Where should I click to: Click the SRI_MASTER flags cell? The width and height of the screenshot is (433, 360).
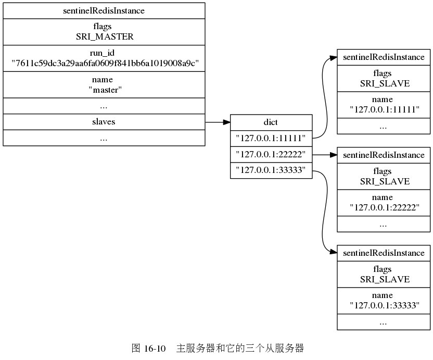(104, 32)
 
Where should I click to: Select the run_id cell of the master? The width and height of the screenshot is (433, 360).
(104, 58)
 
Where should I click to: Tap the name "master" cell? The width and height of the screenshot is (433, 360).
(104, 84)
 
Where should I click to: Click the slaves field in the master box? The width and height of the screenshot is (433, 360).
(104, 121)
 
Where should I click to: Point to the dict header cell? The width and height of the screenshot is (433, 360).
(271, 122)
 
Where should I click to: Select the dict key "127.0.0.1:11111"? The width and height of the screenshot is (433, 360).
(271, 139)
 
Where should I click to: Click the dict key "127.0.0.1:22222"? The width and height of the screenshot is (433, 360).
(271, 155)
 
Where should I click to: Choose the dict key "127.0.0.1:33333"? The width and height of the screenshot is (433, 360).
(271, 170)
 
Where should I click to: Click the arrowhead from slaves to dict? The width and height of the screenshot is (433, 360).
(226, 122)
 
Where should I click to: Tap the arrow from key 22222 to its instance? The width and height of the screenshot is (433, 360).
(325, 155)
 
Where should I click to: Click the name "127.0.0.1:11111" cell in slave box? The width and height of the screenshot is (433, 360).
(384, 105)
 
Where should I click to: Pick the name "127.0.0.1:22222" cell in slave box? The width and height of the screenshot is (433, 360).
(384, 203)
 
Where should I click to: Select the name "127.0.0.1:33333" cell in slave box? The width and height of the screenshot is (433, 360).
(384, 301)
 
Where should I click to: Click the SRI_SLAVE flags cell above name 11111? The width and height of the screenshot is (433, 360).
(384, 78)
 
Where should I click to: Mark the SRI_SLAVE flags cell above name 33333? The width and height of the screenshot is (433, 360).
(384, 274)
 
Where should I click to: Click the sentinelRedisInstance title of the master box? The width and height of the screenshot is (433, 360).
(104, 10)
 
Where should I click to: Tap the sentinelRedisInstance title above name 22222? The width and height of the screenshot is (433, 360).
(384, 155)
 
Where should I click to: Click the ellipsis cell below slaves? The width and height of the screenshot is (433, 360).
(104, 138)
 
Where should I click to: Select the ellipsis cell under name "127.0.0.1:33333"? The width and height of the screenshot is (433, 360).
(384, 322)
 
